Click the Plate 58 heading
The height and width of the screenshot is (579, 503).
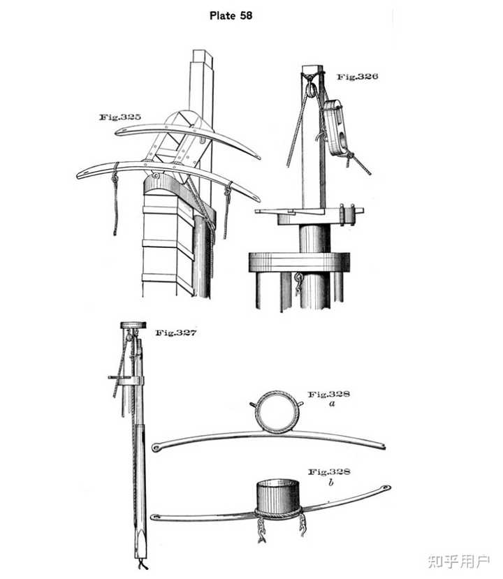[x=231, y=15]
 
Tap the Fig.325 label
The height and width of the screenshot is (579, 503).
[x=120, y=117]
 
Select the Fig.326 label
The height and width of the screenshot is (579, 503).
[x=358, y=76]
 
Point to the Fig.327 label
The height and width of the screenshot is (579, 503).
[x=176, y=332]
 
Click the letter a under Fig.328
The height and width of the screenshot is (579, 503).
[x=332, y=403]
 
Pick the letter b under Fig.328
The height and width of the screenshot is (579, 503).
[x=330, y=481]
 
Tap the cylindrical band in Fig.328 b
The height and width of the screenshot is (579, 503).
[x=279, y=496]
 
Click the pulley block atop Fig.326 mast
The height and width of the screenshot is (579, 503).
[x=312, y=89]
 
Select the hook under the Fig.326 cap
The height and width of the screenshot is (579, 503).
[x=298, y=283]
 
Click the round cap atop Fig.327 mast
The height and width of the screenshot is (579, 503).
[x=133, y=325]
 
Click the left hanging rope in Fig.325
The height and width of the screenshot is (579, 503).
[x=115, y=199]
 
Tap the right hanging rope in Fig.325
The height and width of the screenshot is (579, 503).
[x=227, y=210]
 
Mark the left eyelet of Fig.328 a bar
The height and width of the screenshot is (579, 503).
[x=156, y=448]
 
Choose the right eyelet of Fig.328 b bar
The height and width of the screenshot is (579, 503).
[x=386, y=488]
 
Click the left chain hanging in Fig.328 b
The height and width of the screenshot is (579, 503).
[x=261, y=529]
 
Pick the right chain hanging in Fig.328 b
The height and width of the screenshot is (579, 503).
[x=302, y=525]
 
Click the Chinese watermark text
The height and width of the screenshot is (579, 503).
[x=459, y=562]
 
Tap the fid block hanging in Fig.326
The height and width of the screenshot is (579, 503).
[x=335, y=127]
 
